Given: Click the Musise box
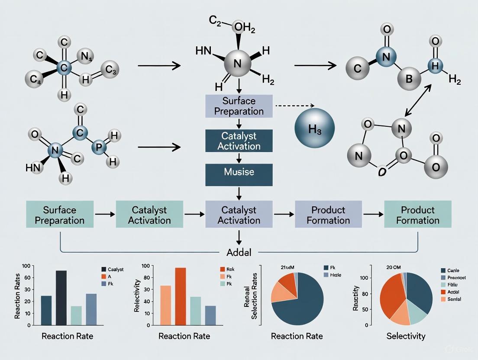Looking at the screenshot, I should coord(239,172).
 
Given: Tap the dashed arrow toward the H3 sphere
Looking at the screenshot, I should coord(294,105).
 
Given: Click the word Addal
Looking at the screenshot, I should coord(239,252).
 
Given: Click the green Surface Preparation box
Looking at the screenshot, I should coord(60,215).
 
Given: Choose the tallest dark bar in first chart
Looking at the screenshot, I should coord(61,298).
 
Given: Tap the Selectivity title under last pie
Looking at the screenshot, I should coord(406,336).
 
